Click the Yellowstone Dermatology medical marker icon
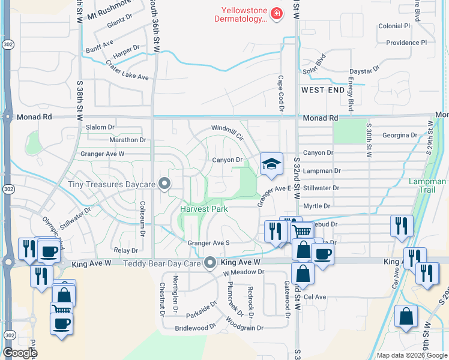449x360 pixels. coord(276,14)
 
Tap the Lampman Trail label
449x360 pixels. coord(429,185)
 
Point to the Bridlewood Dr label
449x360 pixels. coord(195,328)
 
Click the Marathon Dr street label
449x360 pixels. coord(128,140)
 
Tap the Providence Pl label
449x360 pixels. coord(406,43)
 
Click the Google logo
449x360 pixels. coord(20,353)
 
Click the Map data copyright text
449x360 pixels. coord(411,355)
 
